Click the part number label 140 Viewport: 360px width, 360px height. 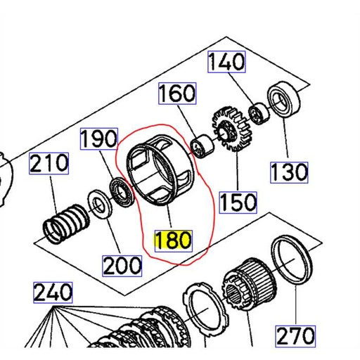[226, 62]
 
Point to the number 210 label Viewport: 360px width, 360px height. [49, 164]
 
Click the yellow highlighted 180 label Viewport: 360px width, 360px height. [172, 240]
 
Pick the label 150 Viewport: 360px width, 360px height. [237, 202]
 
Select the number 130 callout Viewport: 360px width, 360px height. [289, 171]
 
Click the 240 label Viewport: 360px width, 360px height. [53, 291]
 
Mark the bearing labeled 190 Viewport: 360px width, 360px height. [120, 189]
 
